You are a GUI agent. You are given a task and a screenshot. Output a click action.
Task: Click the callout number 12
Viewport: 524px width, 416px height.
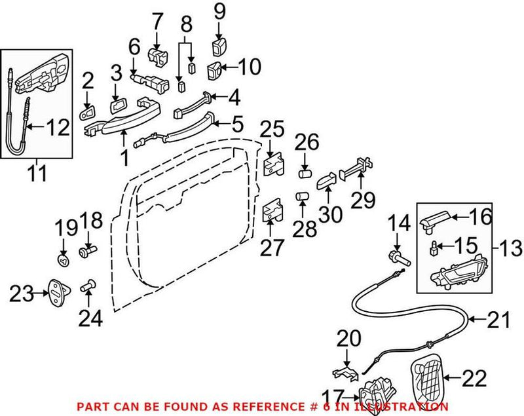(58, 127)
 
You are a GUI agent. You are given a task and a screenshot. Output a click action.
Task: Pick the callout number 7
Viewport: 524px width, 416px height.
(157, 21)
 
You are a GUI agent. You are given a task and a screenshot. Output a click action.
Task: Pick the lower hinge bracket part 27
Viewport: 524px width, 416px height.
(273, 214)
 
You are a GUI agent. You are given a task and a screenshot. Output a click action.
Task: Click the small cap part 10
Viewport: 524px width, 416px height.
(215, 67)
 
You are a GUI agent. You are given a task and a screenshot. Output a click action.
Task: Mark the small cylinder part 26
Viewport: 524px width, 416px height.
(305, 174)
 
